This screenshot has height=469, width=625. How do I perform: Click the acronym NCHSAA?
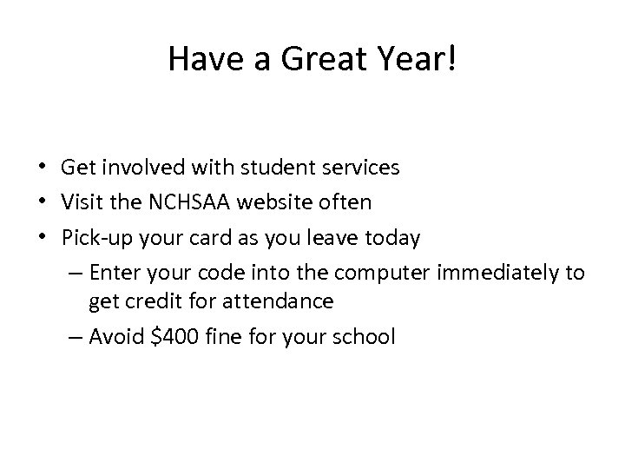point(178,202)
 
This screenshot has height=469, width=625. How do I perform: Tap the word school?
point(366,336)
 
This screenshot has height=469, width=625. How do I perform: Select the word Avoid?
point(117,336)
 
